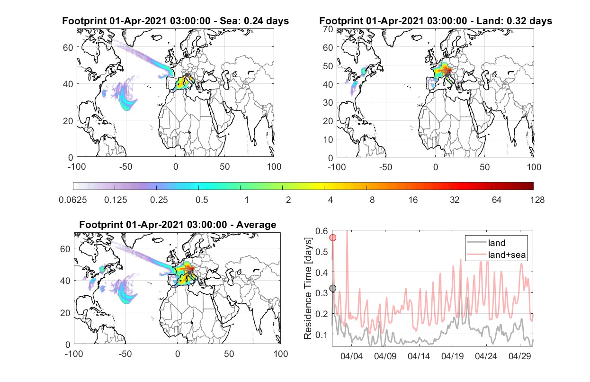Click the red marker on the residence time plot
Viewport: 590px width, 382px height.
coord(333,238)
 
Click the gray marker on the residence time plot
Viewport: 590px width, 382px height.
coord(333,288)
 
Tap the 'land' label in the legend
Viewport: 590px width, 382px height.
coord(497,243)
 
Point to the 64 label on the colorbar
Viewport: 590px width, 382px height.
coord(497,200)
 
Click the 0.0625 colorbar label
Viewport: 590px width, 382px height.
coord(73,200)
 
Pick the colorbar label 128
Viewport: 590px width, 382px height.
coord(537,200)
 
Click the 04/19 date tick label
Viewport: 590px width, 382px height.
coord(453,356)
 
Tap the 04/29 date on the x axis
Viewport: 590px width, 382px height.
coord(519,356)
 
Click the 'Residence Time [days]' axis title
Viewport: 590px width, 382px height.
coord(308,289)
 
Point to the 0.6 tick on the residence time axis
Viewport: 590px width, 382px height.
coord(322,231)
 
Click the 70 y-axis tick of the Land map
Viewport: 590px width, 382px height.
coord(328,29)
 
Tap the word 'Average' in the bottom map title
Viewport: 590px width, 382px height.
coord(256,225)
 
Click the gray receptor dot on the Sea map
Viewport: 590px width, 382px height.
coord(187,75)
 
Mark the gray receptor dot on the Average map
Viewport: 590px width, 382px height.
coord(189,273)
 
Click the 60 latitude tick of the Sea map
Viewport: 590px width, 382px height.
coord(68,48)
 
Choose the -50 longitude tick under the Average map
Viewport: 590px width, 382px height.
coord(125,354)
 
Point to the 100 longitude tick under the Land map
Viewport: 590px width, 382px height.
coord(534,167)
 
